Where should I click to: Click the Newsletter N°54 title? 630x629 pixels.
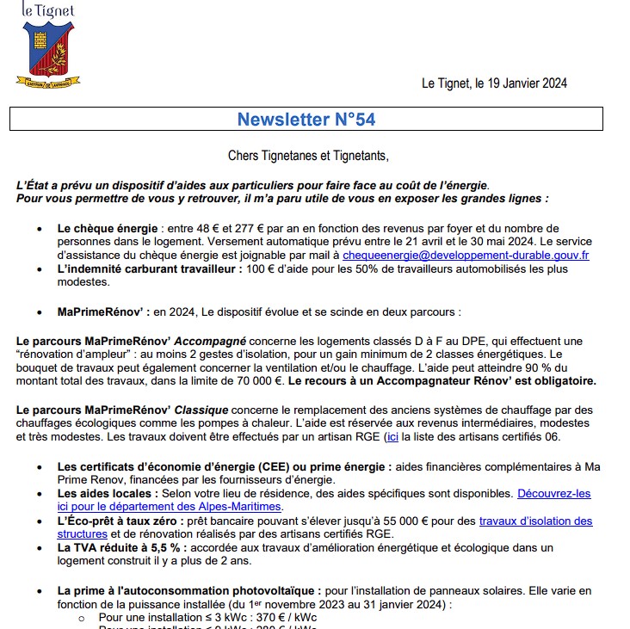(306, 120)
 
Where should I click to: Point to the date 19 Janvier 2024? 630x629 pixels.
(520, 83)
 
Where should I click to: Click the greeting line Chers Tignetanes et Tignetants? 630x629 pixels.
(308, 156)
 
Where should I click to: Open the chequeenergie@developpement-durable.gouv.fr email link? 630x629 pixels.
(466, 256)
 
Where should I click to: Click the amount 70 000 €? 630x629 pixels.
(253, 379)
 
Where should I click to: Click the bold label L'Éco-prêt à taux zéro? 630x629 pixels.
(120, 521)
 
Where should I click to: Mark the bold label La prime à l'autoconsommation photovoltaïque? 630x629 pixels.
(188, 590)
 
